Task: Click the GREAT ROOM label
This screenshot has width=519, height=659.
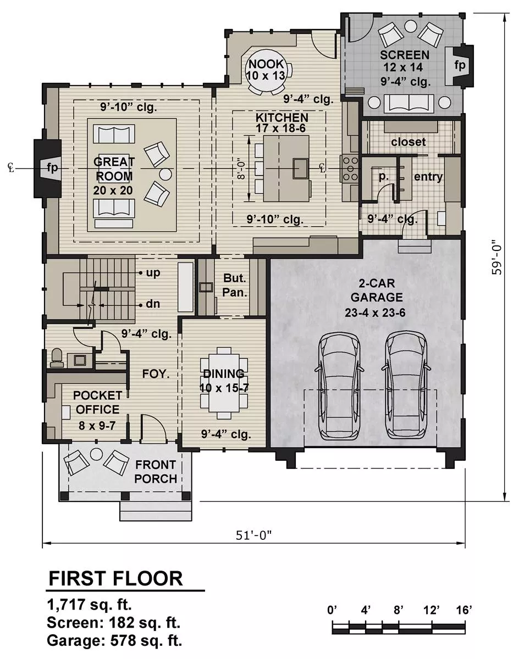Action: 114,176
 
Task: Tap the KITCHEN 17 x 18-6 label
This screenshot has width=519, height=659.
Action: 281,123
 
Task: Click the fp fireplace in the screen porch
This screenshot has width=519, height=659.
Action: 460,65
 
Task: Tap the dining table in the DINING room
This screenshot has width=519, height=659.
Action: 224,383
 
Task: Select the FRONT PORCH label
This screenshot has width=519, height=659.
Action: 156,472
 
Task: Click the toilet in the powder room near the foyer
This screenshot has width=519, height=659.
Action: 57,358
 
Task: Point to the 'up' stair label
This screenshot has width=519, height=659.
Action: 153,272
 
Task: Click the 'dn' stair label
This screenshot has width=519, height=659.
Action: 153,304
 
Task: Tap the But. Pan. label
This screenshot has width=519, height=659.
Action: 235,285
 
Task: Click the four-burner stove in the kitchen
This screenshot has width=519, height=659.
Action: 350,169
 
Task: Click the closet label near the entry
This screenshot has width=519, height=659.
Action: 408,142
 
